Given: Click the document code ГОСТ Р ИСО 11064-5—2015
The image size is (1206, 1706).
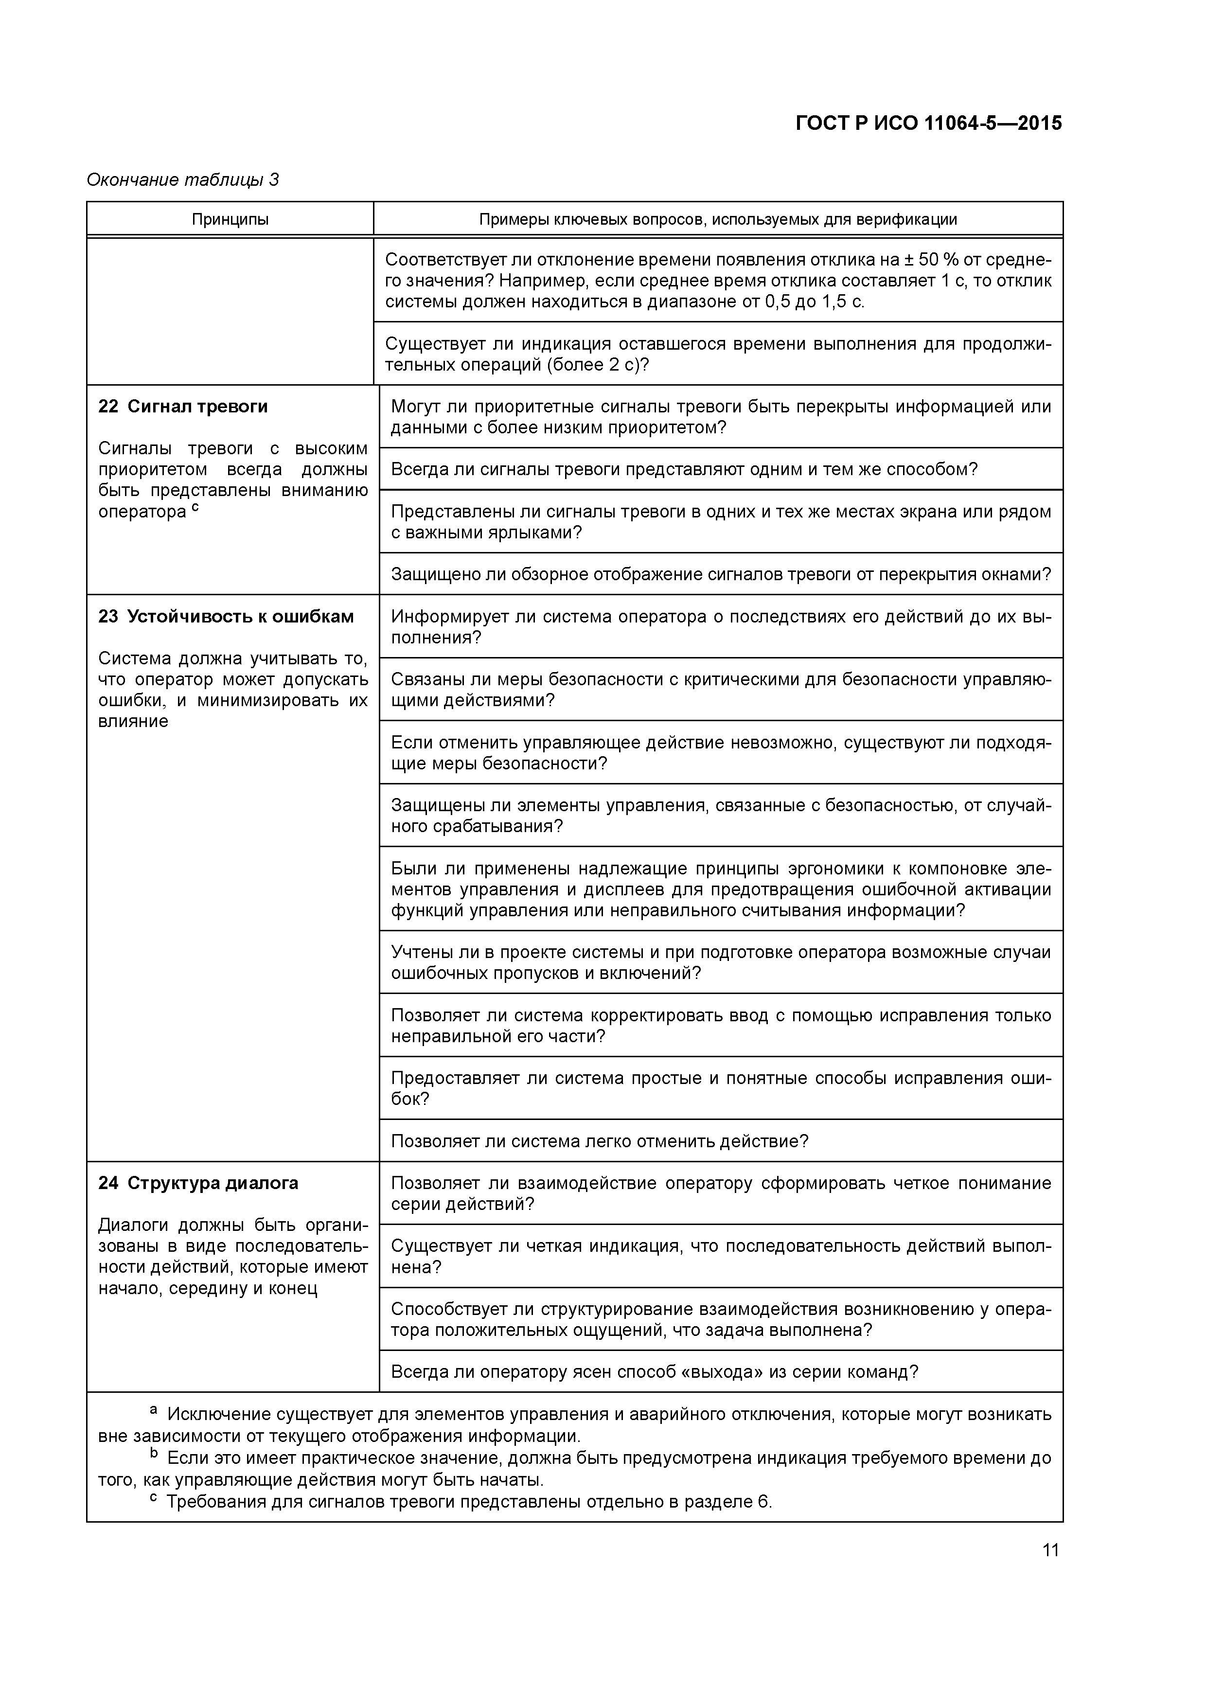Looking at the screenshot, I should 928,124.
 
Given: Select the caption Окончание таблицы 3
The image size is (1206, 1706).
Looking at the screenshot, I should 183,180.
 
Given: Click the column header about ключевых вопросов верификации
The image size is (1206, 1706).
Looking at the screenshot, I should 717,219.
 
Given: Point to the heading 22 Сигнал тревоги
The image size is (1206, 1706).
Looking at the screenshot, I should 183,407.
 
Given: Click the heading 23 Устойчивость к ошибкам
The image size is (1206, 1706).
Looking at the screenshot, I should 226,617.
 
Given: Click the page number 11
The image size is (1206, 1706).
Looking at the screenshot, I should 1050,1550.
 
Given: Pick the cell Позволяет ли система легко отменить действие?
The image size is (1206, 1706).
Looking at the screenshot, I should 599,1140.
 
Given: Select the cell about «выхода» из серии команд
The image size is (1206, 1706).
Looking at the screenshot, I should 654,1371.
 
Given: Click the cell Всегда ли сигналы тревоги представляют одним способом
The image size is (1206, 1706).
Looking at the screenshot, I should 684,469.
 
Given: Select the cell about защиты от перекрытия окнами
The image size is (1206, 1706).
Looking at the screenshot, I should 720,574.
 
